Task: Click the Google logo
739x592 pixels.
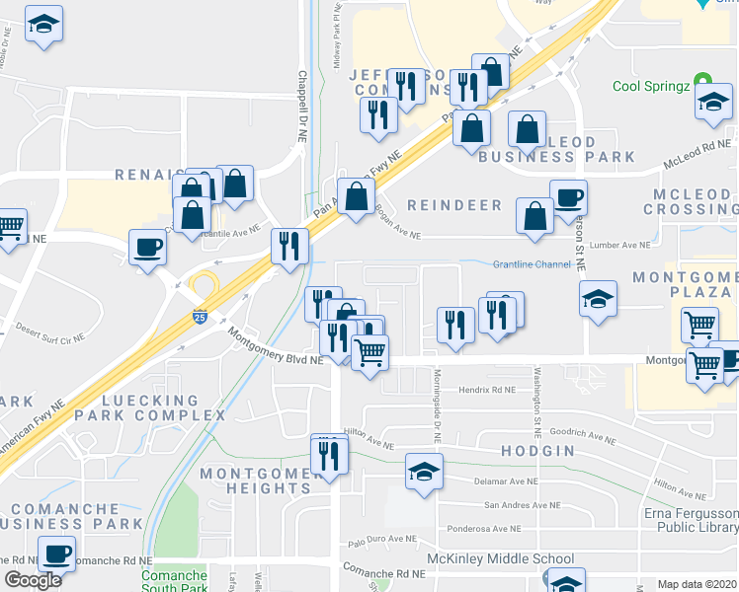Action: [33, 580]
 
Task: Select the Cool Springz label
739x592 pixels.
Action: [651, 85]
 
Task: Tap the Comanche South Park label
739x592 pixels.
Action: [174, 581]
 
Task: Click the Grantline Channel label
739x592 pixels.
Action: [532, 264]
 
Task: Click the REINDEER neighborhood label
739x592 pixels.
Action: [455, 205]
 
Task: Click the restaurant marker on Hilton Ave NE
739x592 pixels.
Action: [327, 455]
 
